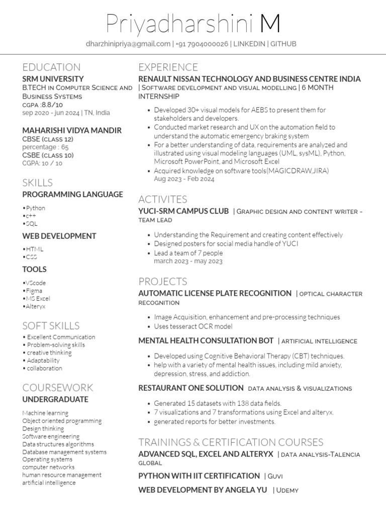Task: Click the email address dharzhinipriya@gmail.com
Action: coord(128,44)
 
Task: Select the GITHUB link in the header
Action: coord(283,44)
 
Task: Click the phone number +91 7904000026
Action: coord(202,44)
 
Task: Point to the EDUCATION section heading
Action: coord(51,67)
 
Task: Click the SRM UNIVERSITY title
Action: coord(53,79)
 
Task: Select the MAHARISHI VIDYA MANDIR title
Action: coord(72,130)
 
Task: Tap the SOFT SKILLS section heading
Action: coord(51,325)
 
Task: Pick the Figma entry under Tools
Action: coord(34,291)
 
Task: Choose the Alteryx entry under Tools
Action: coord(35,306)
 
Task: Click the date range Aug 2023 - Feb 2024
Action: coord(184,179)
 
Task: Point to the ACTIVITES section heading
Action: coord(162,199)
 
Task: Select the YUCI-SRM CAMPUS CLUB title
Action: coord(183,211)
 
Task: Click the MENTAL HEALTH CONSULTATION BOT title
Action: coord(206,340)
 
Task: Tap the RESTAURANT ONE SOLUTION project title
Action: coord(190,388)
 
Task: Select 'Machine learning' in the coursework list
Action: coord(46,413)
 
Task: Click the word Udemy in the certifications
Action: coord(287,490)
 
